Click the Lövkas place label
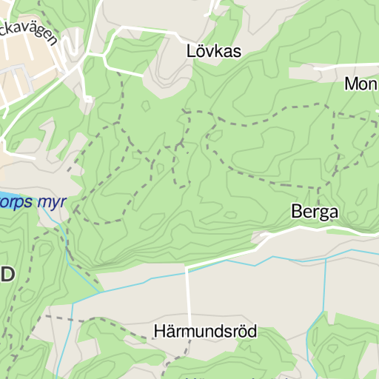[x=214, y=51]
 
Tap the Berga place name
[x=315, y=212]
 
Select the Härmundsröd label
[x=205, y=331]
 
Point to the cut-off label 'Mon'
[x=361, y=84]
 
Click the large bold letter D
[x=7, y=275]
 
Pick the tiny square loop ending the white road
[x=87, y=98]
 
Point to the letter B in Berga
[x=296, y=212]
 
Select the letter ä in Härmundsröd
[x=170, y=331]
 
